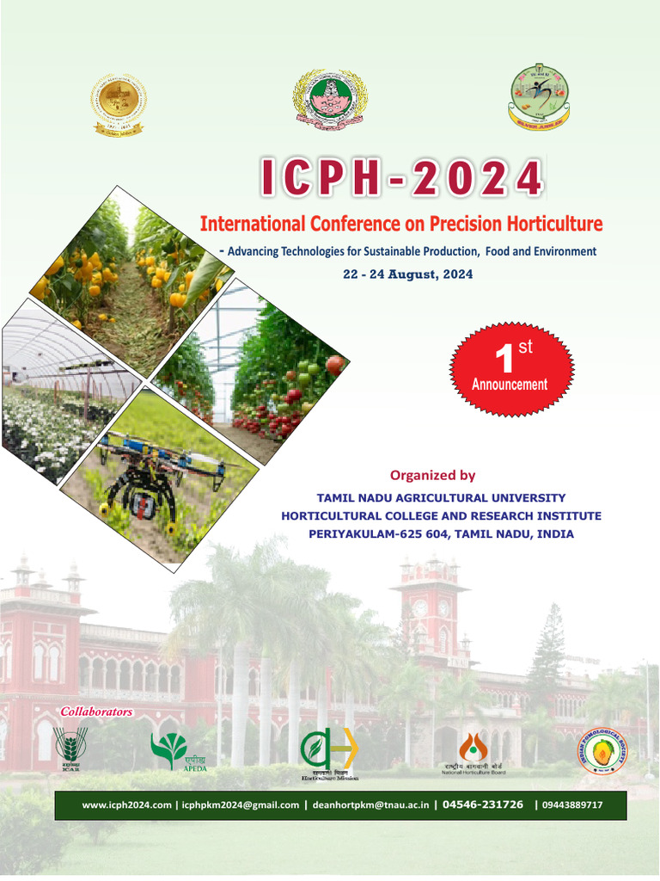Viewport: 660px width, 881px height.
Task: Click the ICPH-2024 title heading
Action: click(402, 178)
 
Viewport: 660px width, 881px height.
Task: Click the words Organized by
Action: click(432, 475)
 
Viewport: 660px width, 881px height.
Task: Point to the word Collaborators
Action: click(96, 712)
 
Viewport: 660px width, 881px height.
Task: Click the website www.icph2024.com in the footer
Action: click(127, 805)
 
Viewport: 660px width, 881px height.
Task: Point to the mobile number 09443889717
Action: click(572, 805)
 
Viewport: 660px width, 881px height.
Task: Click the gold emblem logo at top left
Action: click(119, 104)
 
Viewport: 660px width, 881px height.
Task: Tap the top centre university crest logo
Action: click(330, 99)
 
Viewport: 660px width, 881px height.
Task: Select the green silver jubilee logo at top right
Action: click(539, 95)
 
